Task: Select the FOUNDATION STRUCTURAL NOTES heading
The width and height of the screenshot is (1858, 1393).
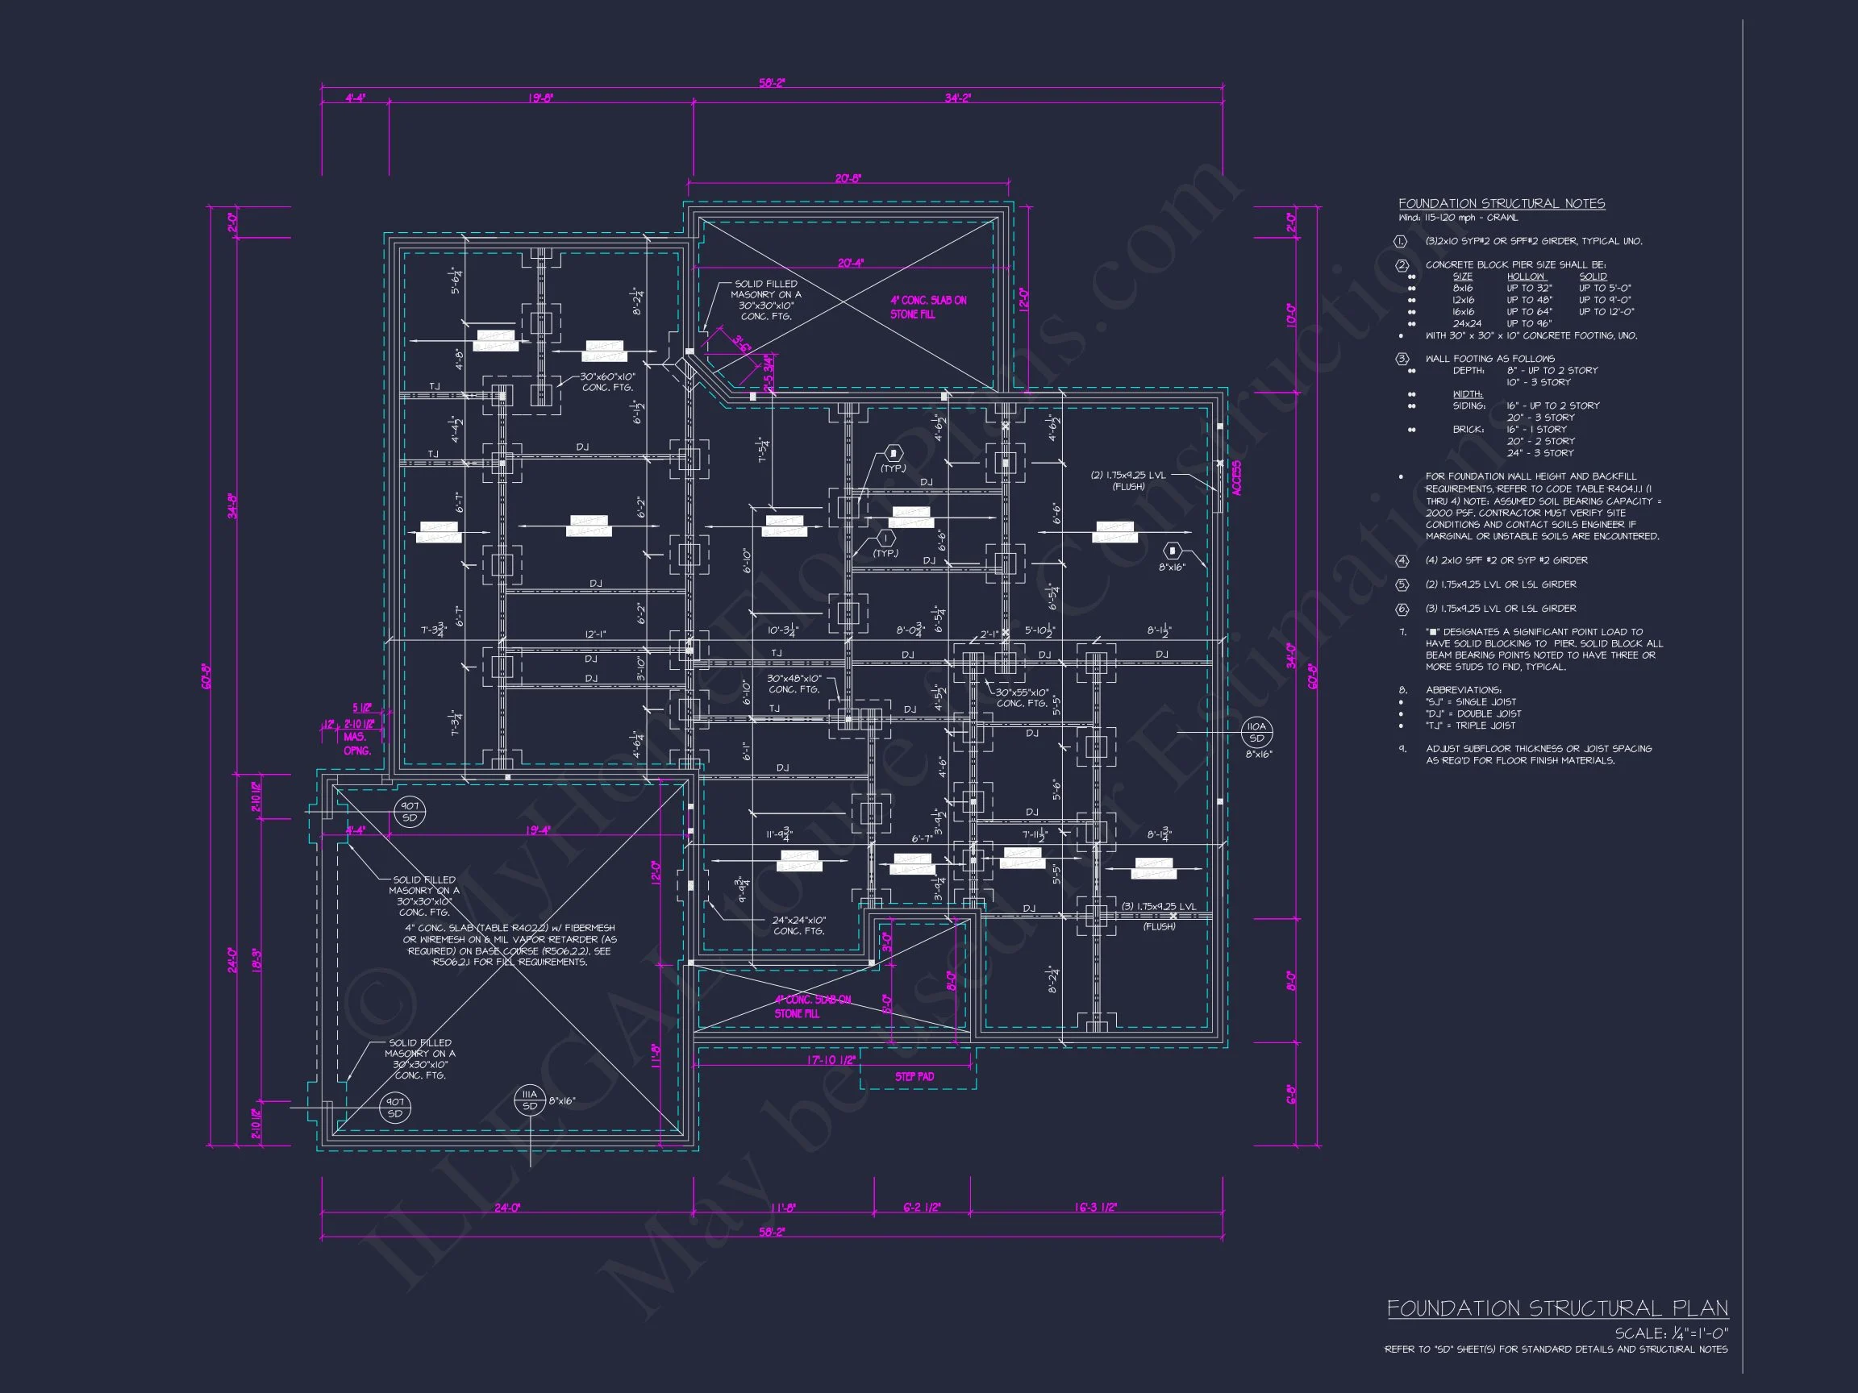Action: tap(1501, 204)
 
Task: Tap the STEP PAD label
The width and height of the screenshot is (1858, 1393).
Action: tap(914, 1076)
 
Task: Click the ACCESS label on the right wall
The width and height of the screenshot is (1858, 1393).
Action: tap(1236, 478)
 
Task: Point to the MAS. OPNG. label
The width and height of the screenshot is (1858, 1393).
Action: tap(357, 744)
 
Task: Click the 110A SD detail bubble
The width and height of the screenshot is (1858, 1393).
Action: tap(1256, 732)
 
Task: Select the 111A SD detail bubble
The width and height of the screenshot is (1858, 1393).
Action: tap(529, 1100)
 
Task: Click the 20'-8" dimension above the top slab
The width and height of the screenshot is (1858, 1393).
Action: tap(848, 179)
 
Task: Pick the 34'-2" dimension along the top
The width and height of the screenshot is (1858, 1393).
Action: tap(956, 98)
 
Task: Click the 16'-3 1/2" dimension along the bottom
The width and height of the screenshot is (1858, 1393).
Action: tap(1095, 1208)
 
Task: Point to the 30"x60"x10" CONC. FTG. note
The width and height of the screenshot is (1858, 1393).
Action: tap(607, 382)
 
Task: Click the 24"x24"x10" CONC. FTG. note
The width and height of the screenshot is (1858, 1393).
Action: tap(799, 925)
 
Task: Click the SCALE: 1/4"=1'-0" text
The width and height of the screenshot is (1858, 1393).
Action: tap(1671, 1333)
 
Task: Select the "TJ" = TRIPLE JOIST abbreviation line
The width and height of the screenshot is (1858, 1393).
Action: tap(1470, 726)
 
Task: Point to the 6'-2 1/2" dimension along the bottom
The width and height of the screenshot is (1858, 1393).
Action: tap(922, 1208)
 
